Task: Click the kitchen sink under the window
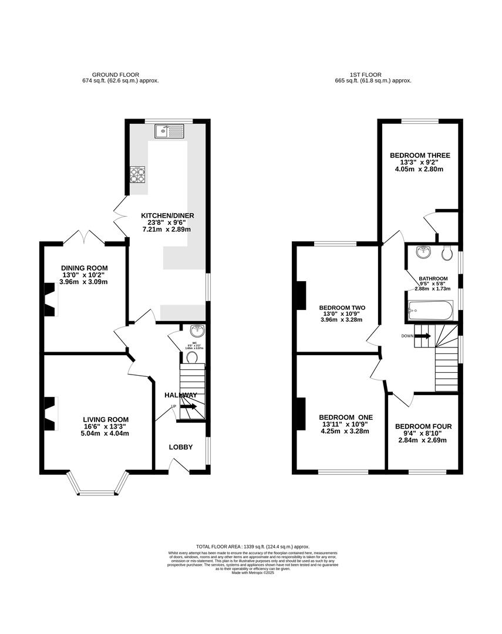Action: click(x=170, y=131)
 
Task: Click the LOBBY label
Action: click(x=181, y=447)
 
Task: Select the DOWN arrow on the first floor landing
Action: click(x=423, y=336)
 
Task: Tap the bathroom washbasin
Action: click(x=422, y=253)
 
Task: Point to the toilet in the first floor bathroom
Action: click(x=447, y=253)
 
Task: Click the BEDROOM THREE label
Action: click(x=420, y=156)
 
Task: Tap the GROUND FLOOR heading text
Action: click(x=116, y=75)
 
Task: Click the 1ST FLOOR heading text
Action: click(x=366, y=75)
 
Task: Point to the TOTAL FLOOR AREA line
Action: click(x=253, y=547)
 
